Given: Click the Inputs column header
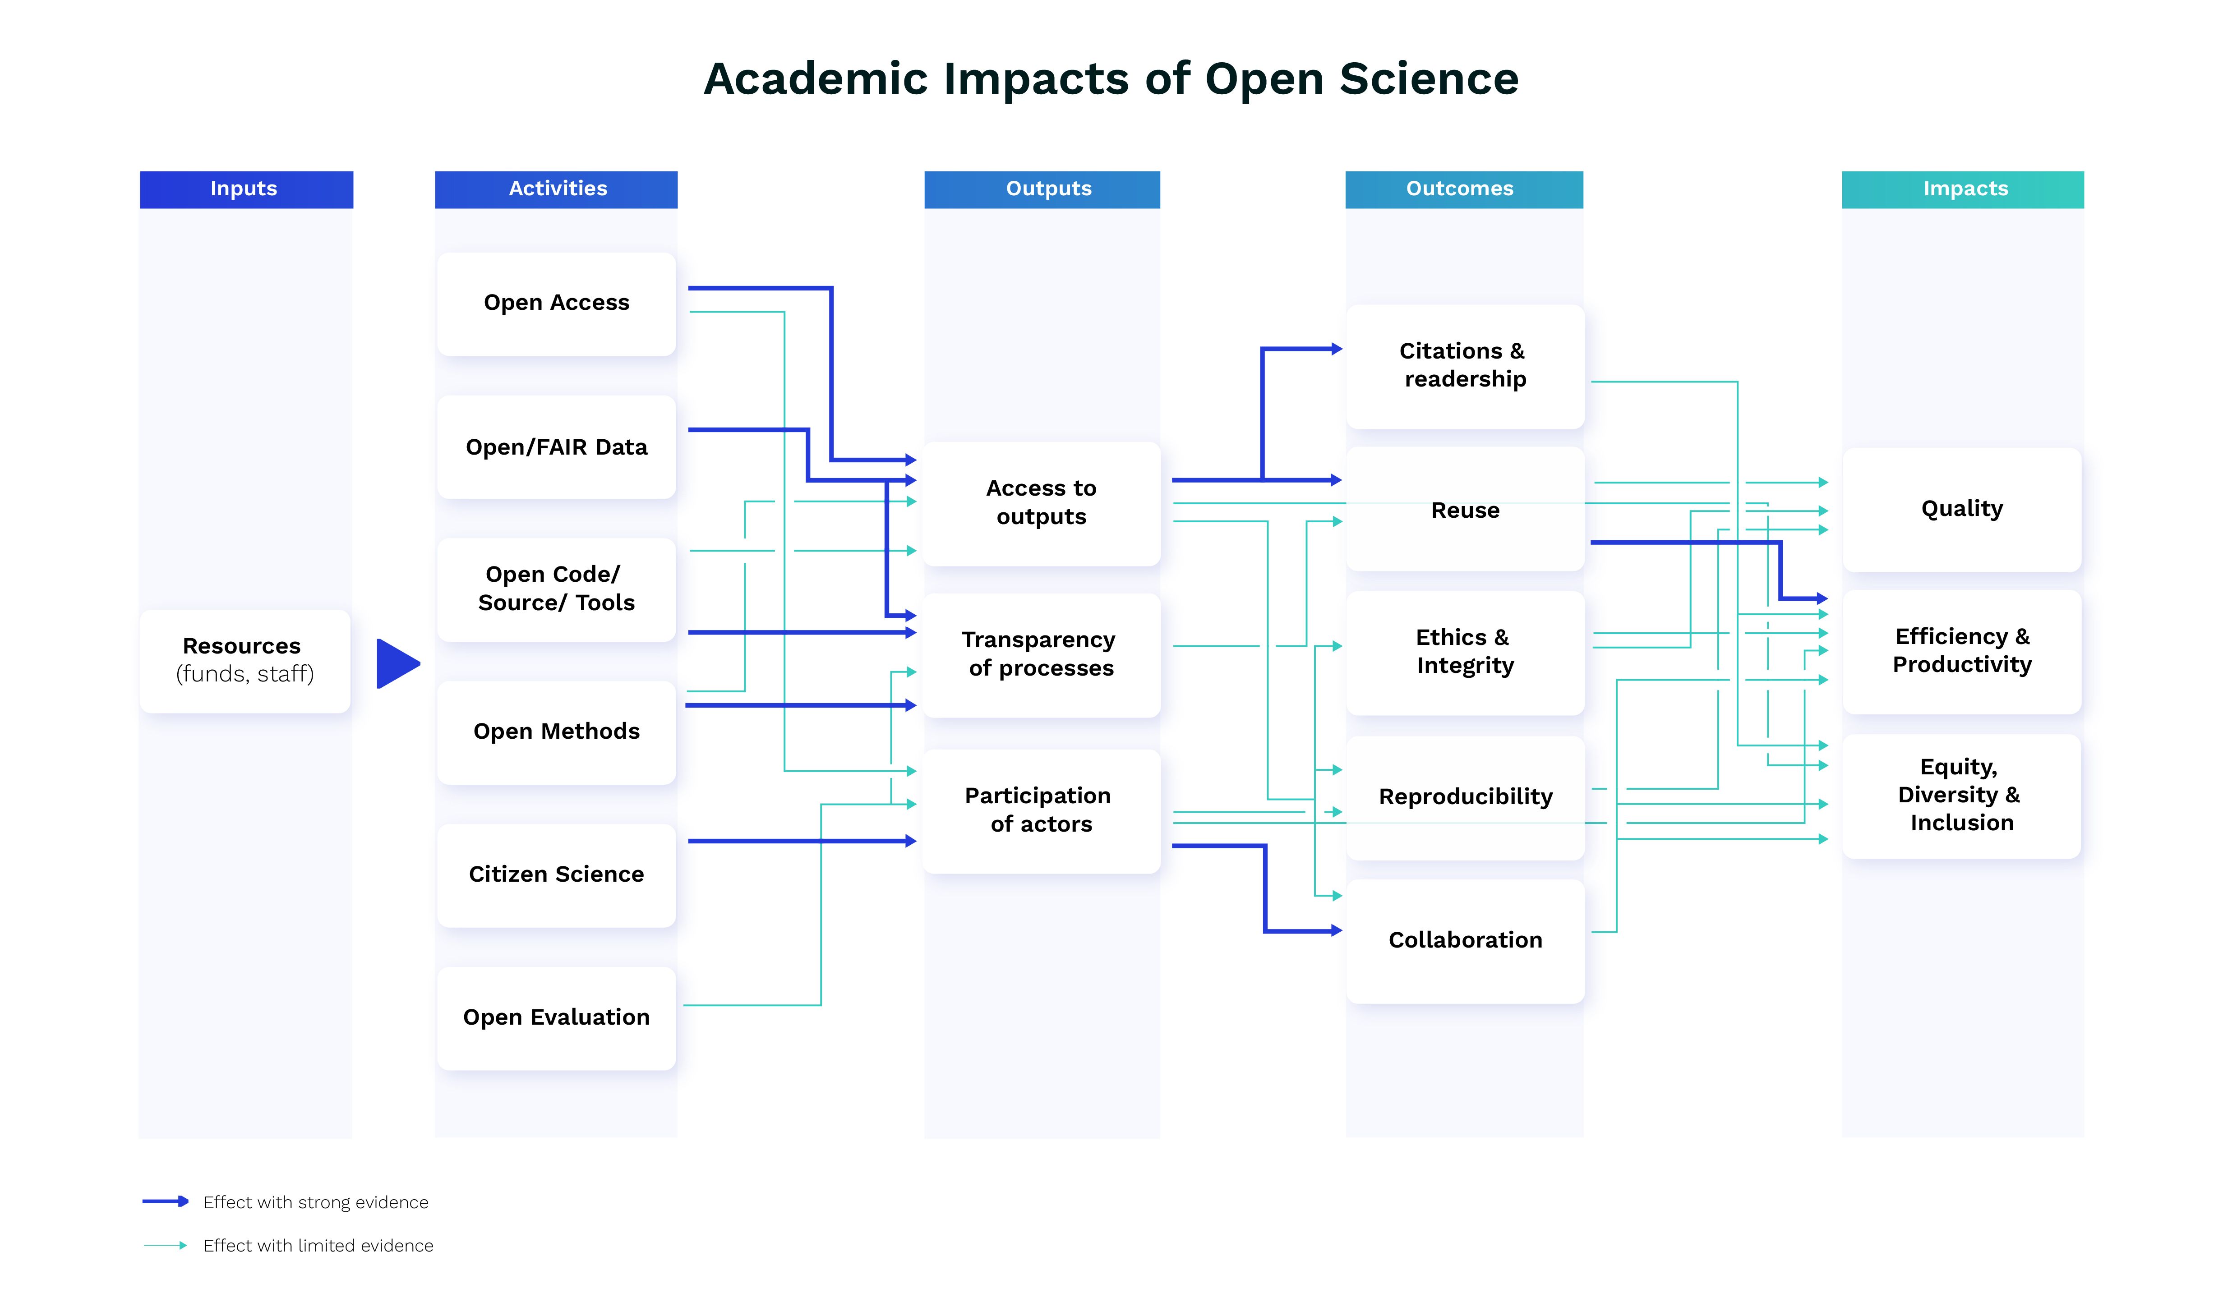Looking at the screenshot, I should click(245, 189).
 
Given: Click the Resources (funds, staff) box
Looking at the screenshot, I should click(245, 661).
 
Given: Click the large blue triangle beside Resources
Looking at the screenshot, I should click(396, 663).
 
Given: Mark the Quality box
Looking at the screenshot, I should click(1961, 509).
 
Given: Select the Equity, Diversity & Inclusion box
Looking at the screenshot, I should click(1961, 795).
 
